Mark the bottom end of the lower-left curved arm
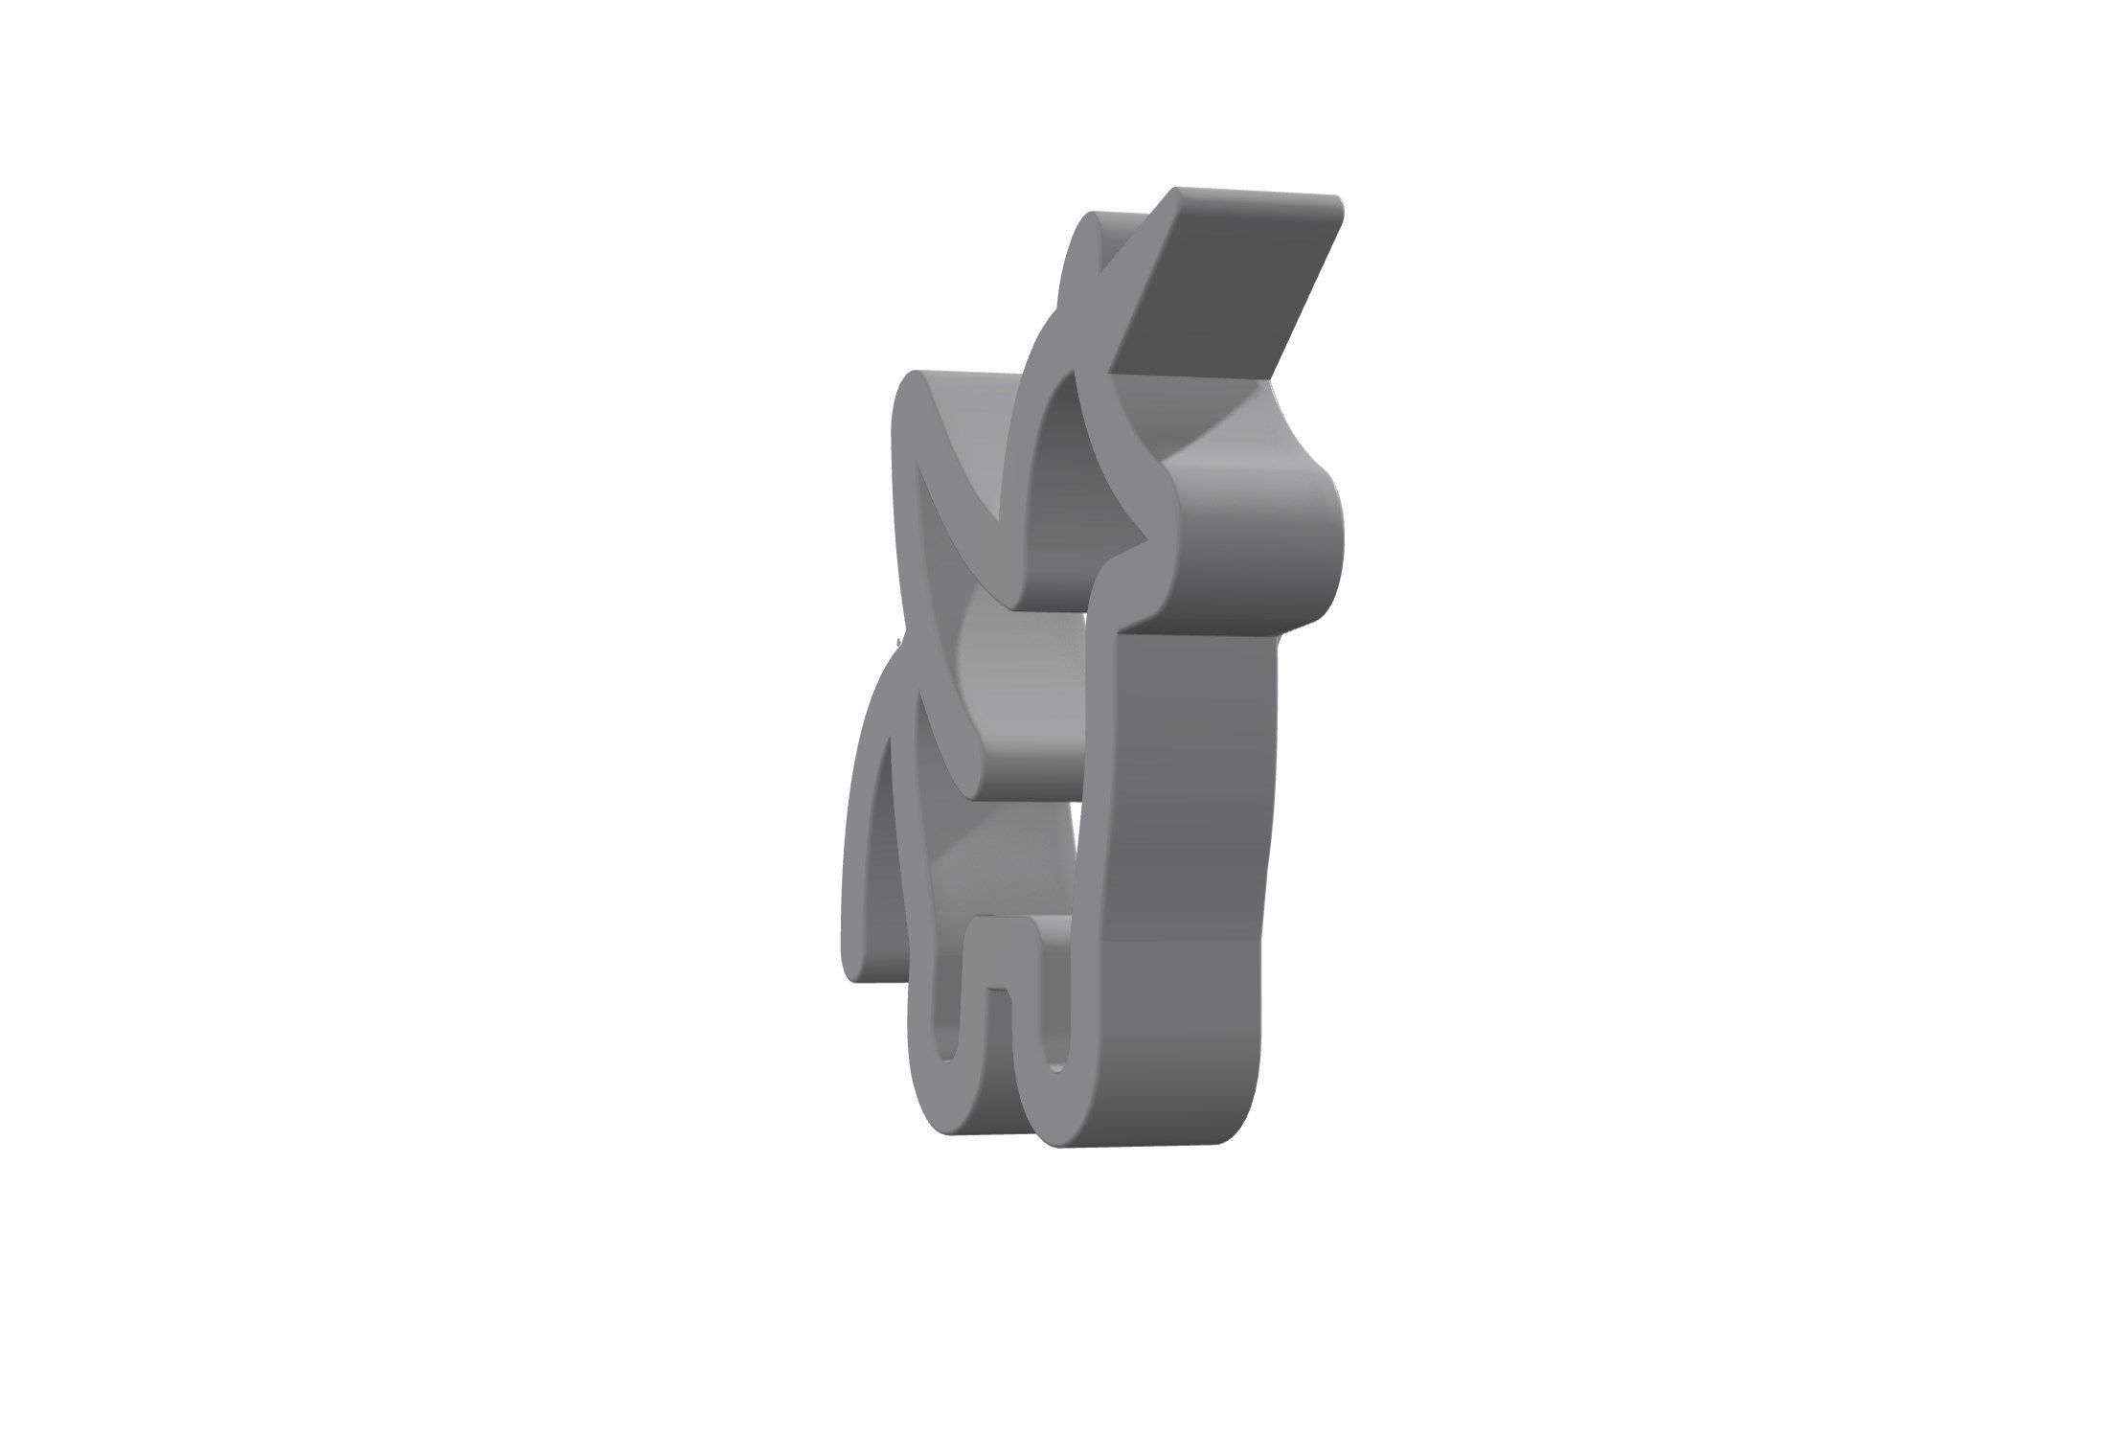point(857,958)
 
